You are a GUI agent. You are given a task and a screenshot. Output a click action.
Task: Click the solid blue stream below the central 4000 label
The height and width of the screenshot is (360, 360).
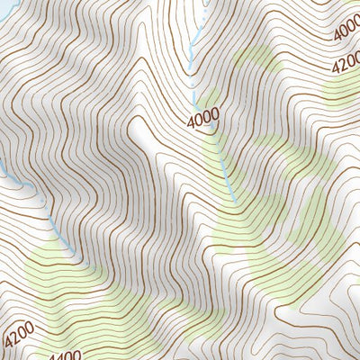pyautogui.click(x=225, y=171)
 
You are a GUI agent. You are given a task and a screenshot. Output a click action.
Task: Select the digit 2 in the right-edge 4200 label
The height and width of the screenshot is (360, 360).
pyautogui.click(x=343, y=67)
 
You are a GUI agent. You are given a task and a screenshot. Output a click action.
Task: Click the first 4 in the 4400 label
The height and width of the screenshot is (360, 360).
pyautogui.click(x=50, y=356)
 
